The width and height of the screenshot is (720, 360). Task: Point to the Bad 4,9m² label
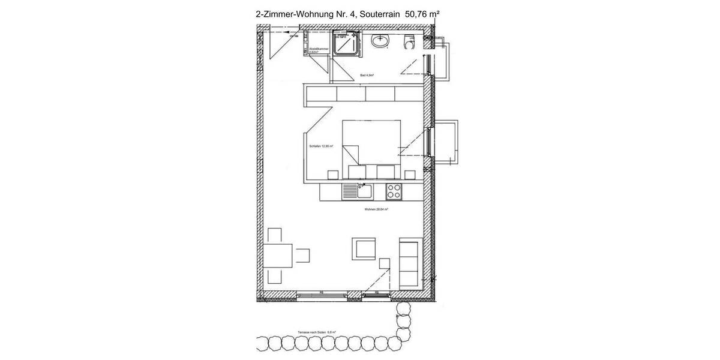(x=367, y=76)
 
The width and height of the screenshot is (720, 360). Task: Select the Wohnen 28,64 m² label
(x=376, y=209)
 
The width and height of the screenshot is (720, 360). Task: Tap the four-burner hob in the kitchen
(x=394, y=191)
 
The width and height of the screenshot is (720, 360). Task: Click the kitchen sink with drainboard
(x=358, y=192)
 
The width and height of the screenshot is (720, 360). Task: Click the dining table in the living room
(x=278, y=255)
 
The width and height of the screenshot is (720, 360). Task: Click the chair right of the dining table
(x=302, y=255)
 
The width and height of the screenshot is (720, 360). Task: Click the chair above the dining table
(x=276, y=235)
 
